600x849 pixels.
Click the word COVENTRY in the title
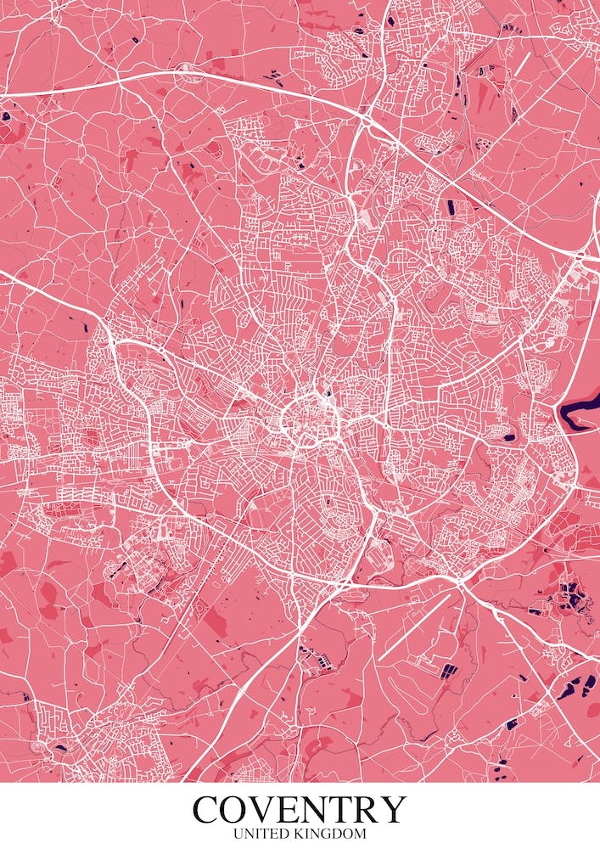point(300,809)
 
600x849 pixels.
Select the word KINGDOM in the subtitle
point(333,835)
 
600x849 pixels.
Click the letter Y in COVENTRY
point(396,810)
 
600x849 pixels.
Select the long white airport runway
point(414,626)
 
